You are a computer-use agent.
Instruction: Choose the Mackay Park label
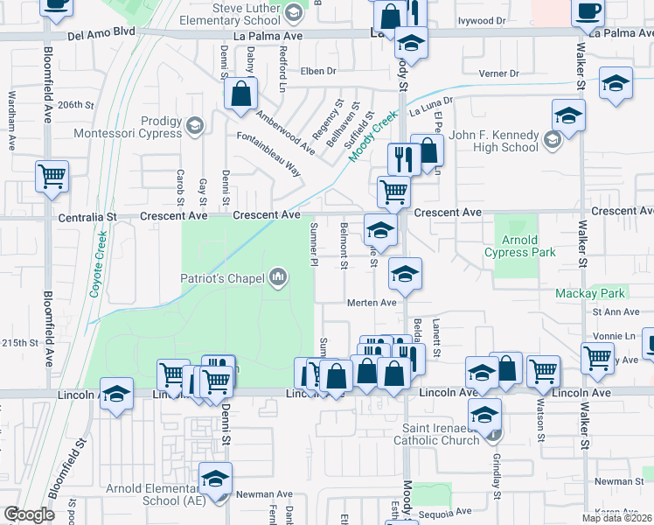pyautogui.click(x=590, y=293)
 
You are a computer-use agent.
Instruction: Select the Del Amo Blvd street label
pyautogui.click(x=101, y=32)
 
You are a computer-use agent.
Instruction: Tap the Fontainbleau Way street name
pyautogui.click(x=269, y=155)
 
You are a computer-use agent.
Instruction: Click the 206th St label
pyautogui.click(x=75, y=104)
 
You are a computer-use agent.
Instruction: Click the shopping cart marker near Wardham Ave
pyautogui.click(x=52, y=176)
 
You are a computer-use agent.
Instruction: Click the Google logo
pyautogui.click(x=29, y=514)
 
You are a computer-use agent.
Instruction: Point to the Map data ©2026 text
pyautogui.click(x=617, y=518)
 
